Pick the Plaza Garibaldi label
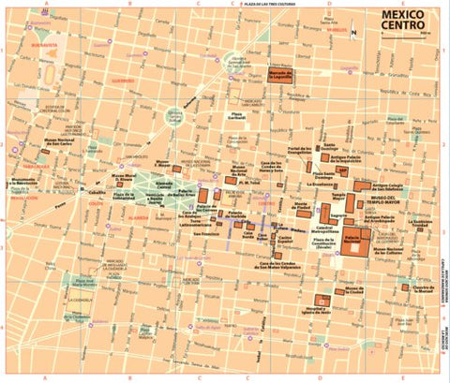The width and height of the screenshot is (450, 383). point(246,115)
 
